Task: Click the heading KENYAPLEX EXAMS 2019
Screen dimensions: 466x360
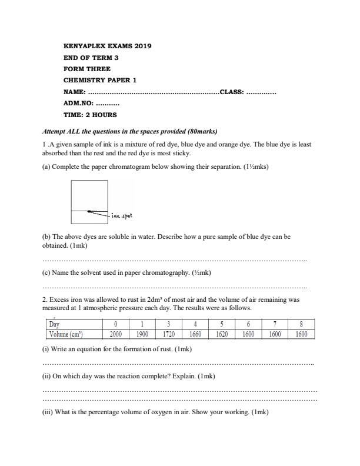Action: (x=106, y=46)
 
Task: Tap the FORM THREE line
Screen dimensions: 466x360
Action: (x=86, y=69)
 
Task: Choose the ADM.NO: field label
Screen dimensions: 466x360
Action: (x=78, y=103)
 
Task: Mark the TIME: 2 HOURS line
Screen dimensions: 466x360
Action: (x=89, y=115)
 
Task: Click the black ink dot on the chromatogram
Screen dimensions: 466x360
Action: (x=89, y=211)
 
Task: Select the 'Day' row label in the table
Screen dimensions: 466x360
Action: (x=54, y=324)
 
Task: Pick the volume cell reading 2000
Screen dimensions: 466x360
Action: (x=116, y=334)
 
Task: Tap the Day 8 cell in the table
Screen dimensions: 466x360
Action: (x=301, y=324)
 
